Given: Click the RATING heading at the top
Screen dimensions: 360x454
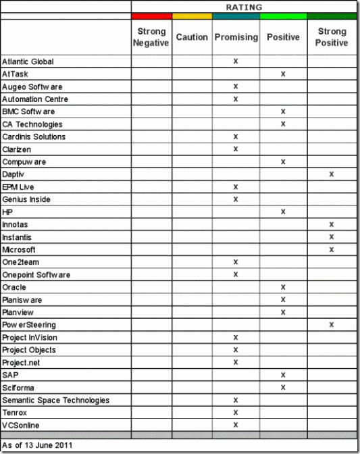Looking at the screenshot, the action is tap(244, 7).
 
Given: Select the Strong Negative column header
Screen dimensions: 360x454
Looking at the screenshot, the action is tap(151, 37).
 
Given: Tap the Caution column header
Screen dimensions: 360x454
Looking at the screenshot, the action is tap(192, 37).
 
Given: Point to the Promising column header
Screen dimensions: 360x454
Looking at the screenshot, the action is tap(236, 37).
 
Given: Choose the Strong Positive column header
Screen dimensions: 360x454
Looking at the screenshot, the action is tap(332, 37).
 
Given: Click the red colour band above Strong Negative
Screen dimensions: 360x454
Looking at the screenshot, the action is tap(151, 16).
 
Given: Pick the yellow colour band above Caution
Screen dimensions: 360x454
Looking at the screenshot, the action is tap(192, 16).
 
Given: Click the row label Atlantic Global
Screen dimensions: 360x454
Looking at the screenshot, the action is tap(28, 61).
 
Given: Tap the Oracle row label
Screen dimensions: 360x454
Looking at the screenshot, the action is tap(14, 287).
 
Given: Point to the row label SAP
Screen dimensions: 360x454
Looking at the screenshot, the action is tap(10, 375).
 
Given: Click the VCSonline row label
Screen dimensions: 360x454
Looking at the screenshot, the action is tap(20, 425).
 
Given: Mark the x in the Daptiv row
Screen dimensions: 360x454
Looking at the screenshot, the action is tap(332, 174).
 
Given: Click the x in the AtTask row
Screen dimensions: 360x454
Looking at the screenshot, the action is tap(283, 74).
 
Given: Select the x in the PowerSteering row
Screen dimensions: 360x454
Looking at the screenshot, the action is tap(332, 325).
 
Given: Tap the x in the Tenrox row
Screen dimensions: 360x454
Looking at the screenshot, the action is tap(236, 412).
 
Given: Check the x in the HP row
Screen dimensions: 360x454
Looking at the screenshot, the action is tap(283, 212).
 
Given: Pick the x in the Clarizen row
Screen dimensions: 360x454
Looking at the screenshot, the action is tap(236, 149).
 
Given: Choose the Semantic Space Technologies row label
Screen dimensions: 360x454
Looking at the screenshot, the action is tap(56, 400).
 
